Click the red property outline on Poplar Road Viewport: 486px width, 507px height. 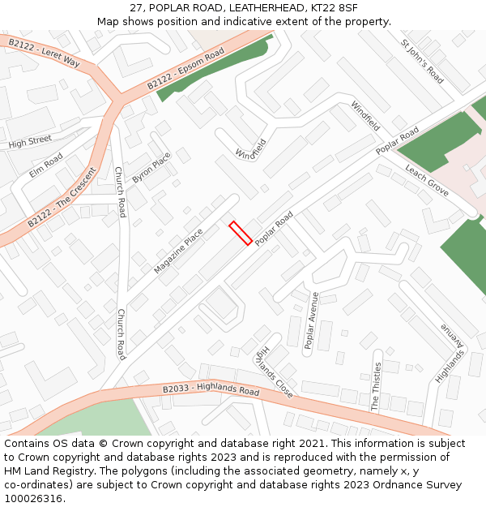coord(241,233)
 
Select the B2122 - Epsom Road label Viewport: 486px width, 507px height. coord(185,71)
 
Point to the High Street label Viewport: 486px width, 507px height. coord(30,143)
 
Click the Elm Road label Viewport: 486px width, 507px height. coord(46,165)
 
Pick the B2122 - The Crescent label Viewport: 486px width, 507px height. coord(62,197)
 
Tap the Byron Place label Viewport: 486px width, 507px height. coord(151,167)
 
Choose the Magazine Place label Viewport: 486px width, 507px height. coord(178,251)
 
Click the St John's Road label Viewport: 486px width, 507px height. coord(422,61)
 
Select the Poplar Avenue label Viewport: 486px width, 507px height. coord(311,320)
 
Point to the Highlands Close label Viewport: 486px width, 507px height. coord(274,368)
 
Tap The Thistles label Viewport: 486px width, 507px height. coord(376,388)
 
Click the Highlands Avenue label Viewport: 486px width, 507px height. coord(450,354)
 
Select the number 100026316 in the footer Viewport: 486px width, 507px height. coord(35,498)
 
